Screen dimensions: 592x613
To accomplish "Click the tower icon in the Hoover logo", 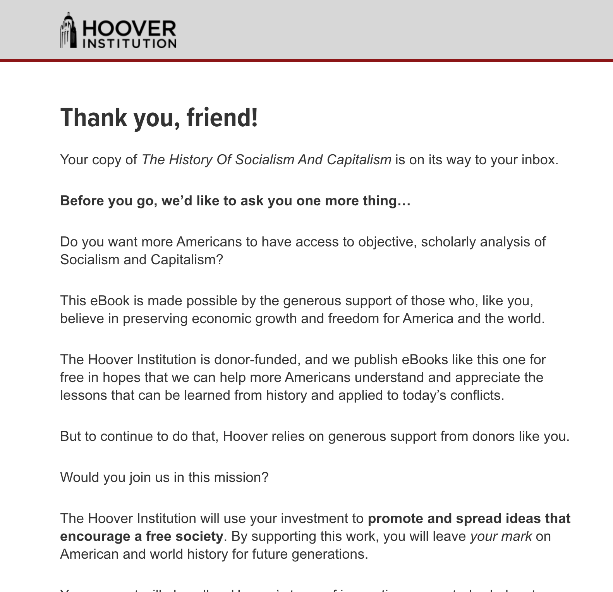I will pos(68,31).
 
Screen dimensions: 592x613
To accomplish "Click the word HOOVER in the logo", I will pos(129,28).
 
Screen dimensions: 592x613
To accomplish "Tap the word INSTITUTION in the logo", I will pos(129,43).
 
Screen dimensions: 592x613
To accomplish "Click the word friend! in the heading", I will pos(222,118).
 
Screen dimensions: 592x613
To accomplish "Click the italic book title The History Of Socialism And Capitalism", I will pos(266,160).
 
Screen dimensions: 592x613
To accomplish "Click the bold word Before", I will pos(82,201).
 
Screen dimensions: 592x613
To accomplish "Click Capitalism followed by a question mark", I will pos(187,260).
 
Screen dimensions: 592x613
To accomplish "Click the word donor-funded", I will pos(257,360).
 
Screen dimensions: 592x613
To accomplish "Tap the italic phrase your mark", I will pos(501,536).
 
